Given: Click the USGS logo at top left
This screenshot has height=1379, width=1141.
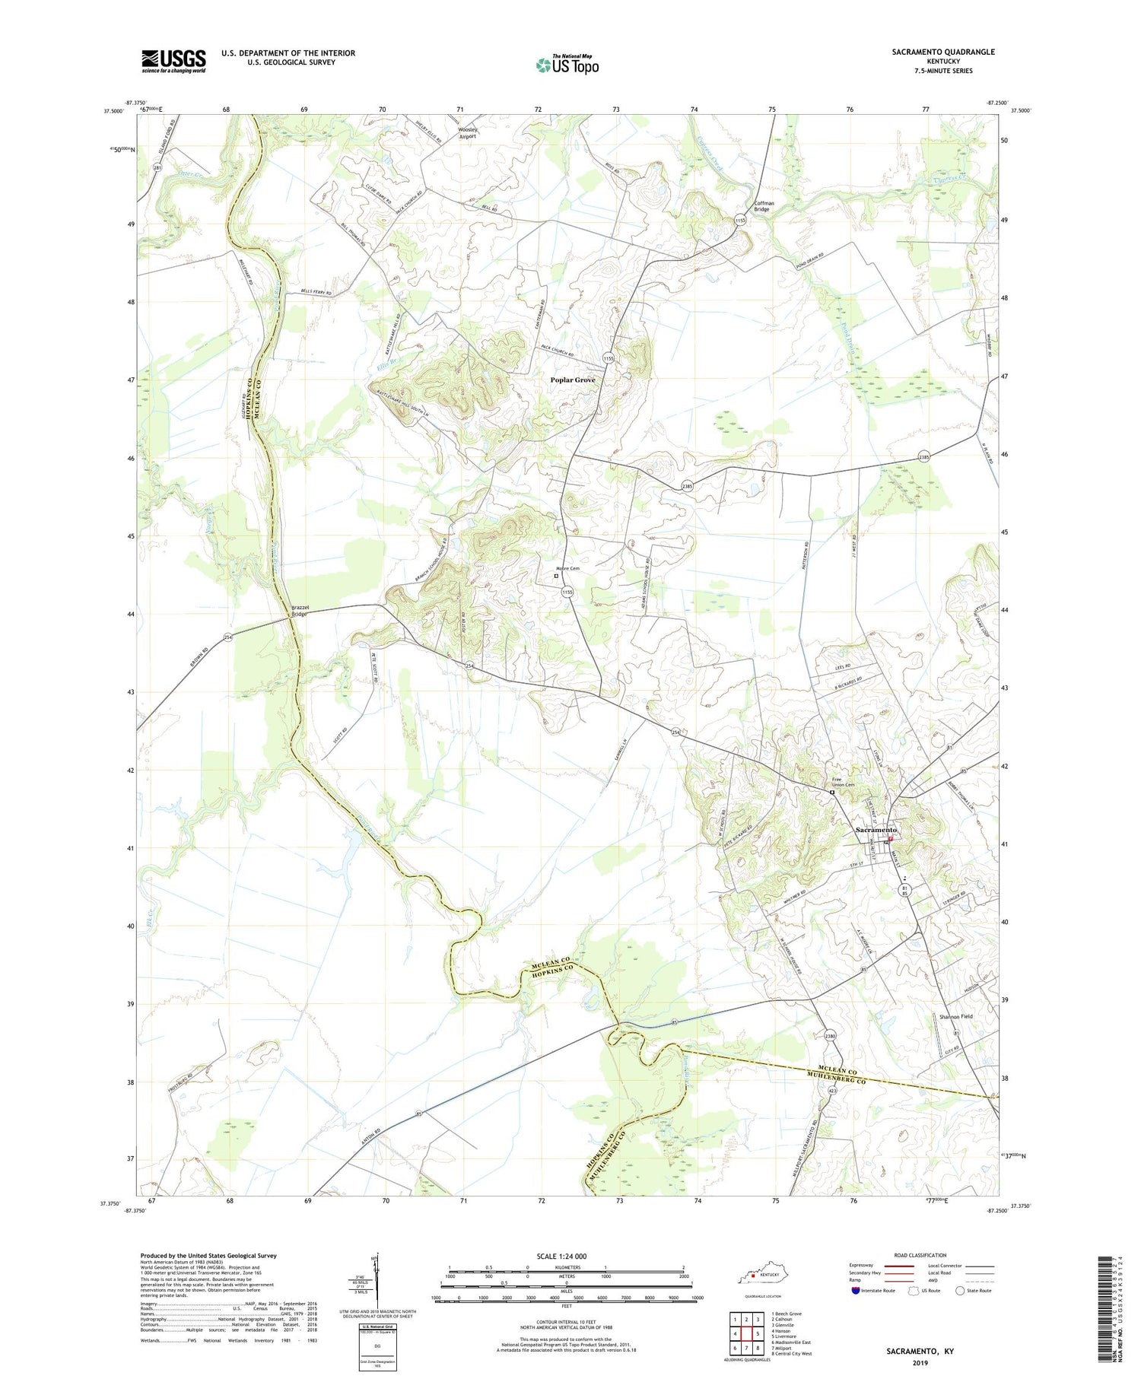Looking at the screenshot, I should (x=173, y=61).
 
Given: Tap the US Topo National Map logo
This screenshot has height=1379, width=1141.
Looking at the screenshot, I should (x=567, y=65).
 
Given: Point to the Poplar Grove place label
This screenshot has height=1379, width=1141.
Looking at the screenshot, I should (x=573, y=380).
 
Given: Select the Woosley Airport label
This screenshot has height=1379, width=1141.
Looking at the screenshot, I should (x=468, y=133).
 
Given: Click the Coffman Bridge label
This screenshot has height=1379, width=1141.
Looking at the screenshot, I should (x=764, y=206).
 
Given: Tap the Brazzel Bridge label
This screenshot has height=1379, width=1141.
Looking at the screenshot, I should (x=299, y=610).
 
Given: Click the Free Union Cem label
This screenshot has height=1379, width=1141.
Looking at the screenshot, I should (x=843, y=782).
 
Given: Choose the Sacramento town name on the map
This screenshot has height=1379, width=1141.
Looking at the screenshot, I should (x=876, y=829).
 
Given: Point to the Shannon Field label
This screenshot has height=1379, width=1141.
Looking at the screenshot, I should (x=955, y=1016).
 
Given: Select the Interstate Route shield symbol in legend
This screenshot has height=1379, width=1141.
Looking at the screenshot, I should (x=855, y=1291).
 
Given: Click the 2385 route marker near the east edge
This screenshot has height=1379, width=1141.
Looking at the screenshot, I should (x=923, y=457).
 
